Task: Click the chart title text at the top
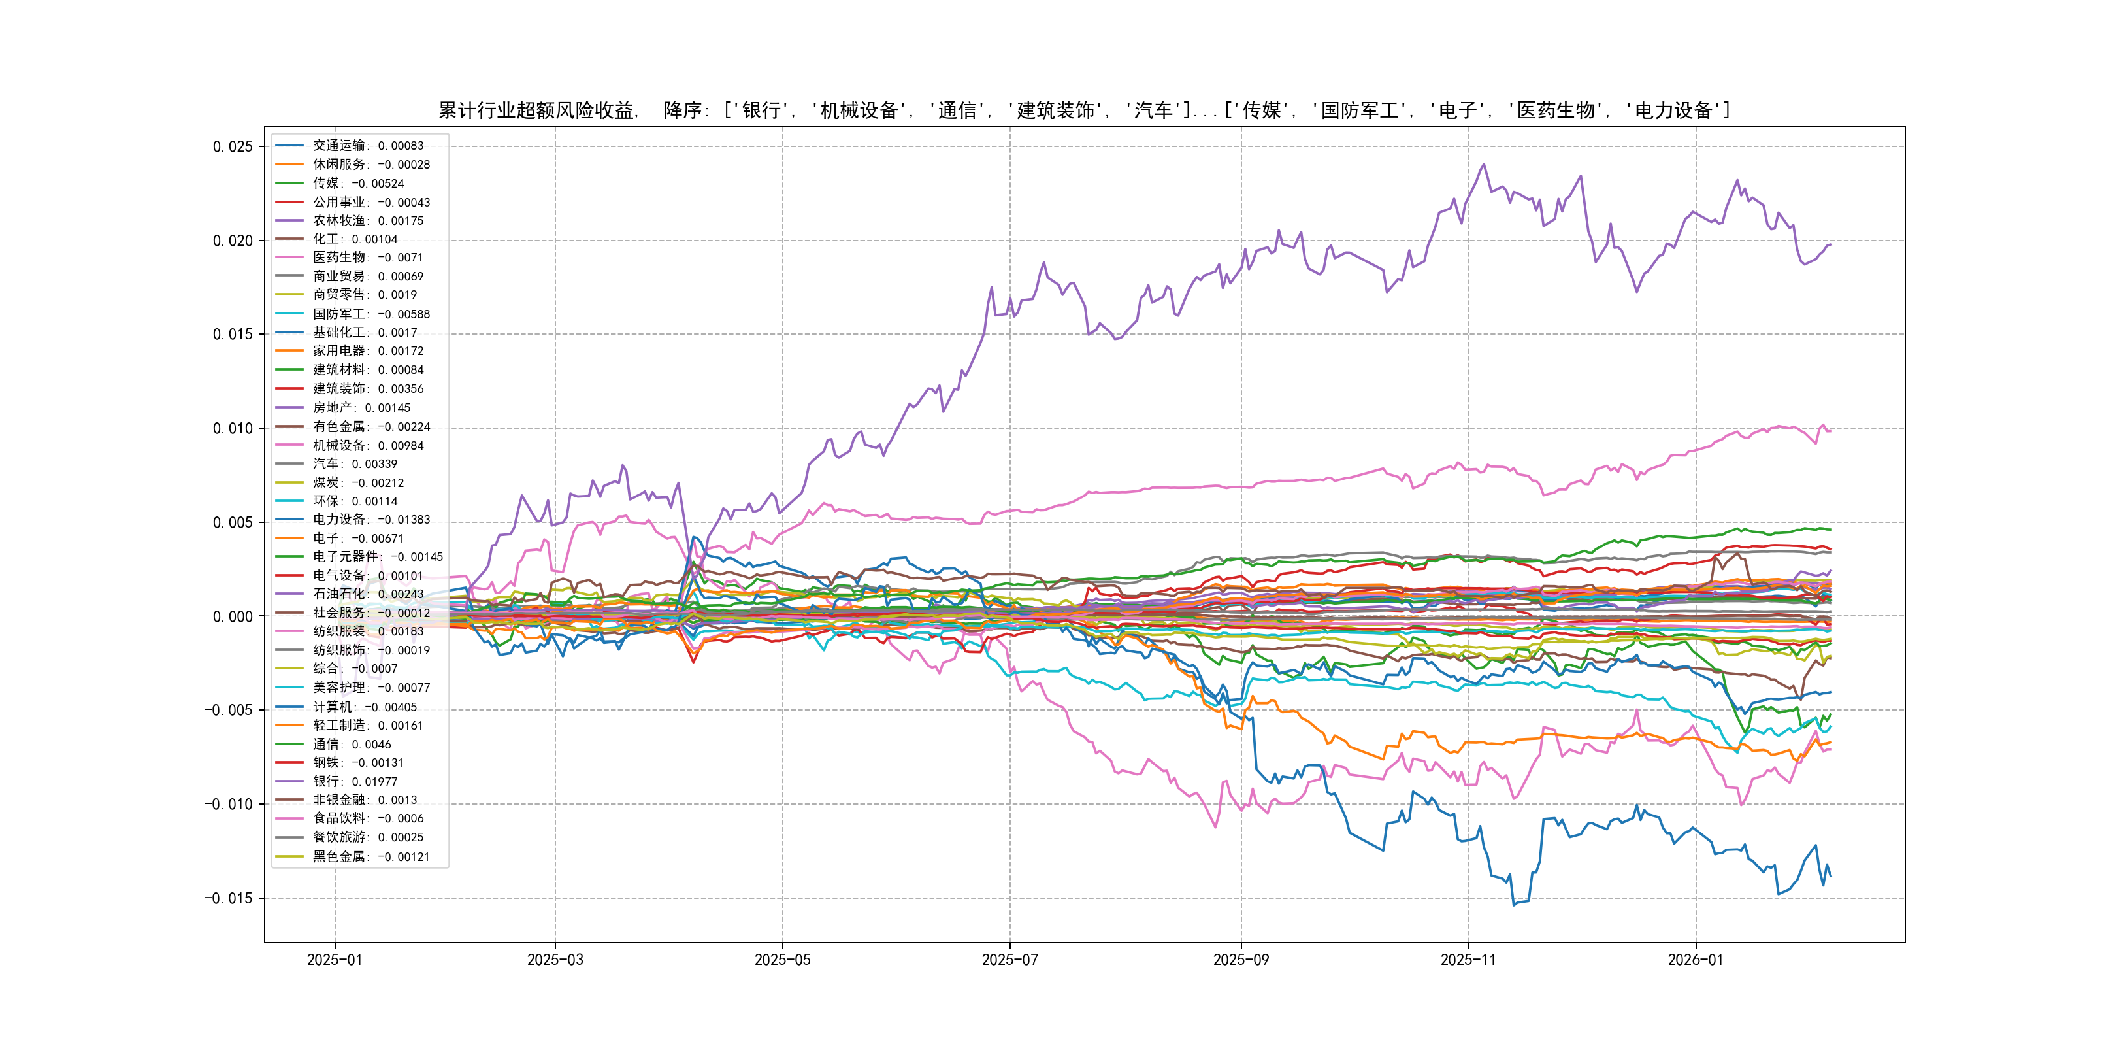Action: pos(1084,110)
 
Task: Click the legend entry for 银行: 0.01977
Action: pos(354,781)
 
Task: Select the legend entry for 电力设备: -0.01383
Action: pos(370,520)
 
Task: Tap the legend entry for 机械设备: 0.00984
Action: pos(367,445)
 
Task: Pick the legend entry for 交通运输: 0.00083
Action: pos(367,146)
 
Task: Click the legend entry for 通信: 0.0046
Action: pos(351,744)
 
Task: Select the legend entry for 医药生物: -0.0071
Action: pos(367,258)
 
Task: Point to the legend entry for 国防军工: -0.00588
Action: pos(370,314)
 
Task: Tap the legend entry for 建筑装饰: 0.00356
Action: pos(367,388)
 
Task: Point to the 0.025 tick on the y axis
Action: pos(233,146)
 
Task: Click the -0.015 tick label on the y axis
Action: pos(229,898)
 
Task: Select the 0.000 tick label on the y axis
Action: pos(233,616)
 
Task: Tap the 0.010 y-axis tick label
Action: pos(233,428)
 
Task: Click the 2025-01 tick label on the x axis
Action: pos(335,960)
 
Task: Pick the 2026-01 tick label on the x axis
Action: pos(1696,960)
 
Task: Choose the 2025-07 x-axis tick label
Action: pos(1010,960)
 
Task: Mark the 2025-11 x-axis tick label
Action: pos(1469,960)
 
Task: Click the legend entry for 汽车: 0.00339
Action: pos(354,463)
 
